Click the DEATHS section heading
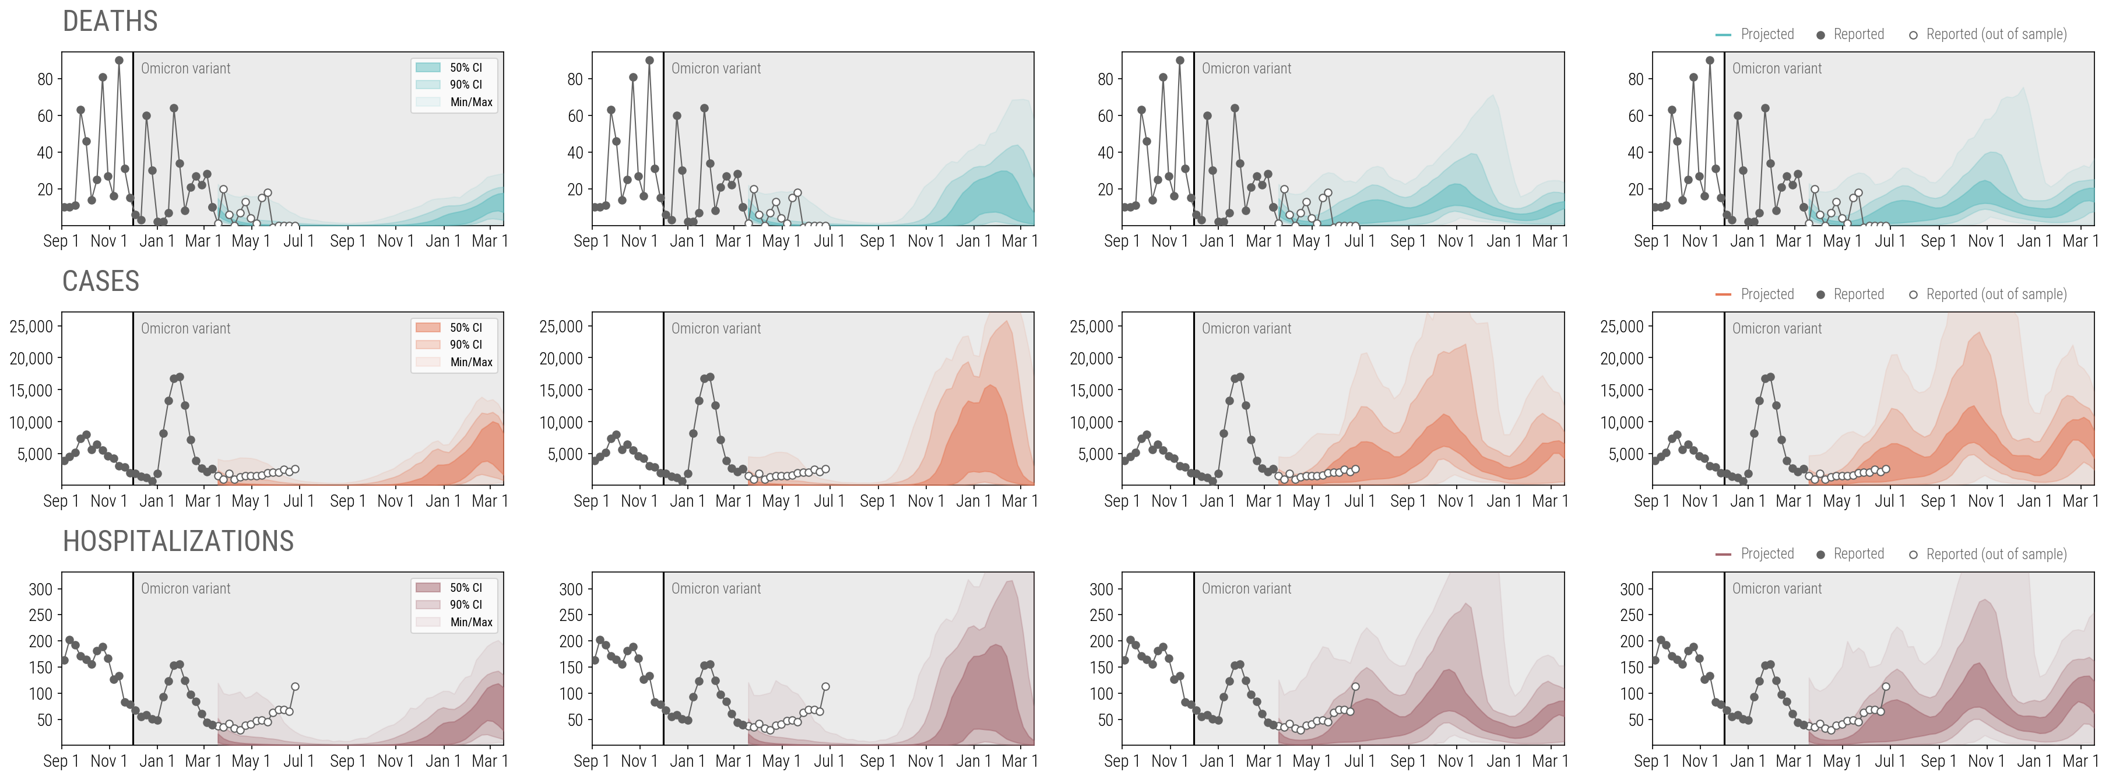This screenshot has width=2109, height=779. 110,22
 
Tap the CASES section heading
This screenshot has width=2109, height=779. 101,281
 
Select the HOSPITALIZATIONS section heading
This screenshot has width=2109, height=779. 178,542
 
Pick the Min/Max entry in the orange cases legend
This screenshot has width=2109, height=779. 471,362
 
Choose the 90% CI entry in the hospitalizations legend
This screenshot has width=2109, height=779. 465,605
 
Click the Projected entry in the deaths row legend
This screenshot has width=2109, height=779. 1767,34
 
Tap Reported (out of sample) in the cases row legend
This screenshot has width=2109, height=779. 1995,294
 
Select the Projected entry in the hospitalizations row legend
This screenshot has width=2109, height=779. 1767,554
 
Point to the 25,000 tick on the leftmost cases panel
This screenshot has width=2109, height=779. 31,326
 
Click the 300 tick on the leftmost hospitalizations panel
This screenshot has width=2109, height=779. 40,589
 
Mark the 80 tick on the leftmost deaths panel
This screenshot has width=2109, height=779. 45,79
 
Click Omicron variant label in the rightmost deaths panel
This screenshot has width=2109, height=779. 1777,69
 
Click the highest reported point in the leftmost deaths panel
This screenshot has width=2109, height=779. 119,61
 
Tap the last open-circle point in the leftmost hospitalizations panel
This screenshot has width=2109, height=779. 295,686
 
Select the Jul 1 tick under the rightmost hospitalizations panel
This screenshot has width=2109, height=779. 1890,761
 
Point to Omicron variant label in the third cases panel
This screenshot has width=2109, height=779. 1246,328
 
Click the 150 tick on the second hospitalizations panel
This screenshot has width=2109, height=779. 571,667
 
